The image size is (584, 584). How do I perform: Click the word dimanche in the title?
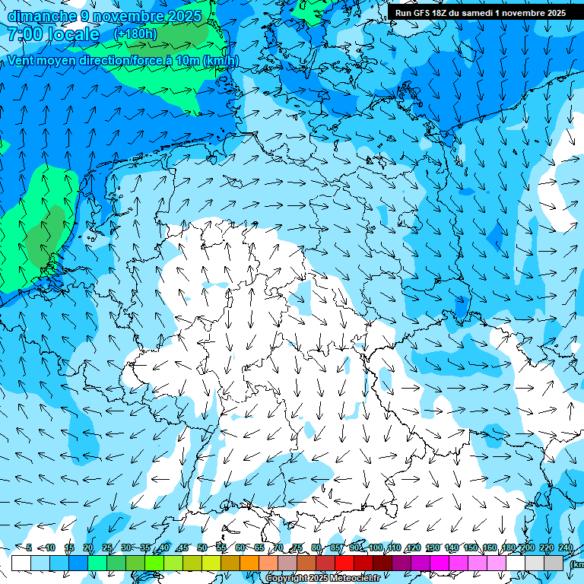point(42,16)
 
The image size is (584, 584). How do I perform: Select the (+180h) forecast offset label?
point(135,34)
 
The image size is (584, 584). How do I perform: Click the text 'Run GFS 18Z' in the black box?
point(421,13)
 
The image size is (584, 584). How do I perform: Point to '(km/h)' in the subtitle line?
point(221,61)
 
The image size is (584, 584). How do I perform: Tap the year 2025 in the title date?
point(184,16)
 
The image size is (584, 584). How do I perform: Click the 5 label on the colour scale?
point(29,548)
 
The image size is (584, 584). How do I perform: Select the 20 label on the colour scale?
point(88,548)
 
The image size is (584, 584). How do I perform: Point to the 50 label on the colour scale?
point(202,548)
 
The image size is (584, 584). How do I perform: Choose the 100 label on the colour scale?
point(375,548)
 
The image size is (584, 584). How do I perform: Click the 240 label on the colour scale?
point(566,548)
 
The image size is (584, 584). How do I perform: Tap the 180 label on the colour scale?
point(508,548)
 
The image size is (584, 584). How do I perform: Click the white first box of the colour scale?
point(21,563)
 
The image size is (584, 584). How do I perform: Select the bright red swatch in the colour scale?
point(344,563)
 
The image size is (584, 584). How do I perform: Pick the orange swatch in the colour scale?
point(249,563)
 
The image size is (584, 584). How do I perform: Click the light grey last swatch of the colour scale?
point(554,563)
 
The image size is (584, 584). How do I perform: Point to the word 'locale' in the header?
point(72,34)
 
